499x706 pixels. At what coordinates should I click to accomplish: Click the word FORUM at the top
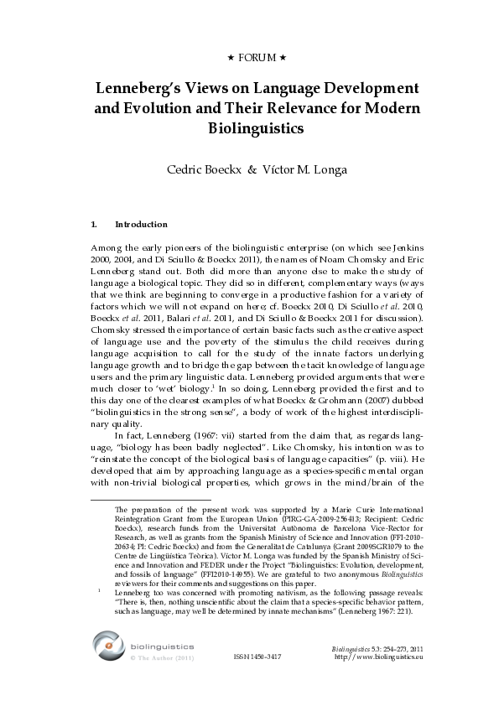249,58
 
